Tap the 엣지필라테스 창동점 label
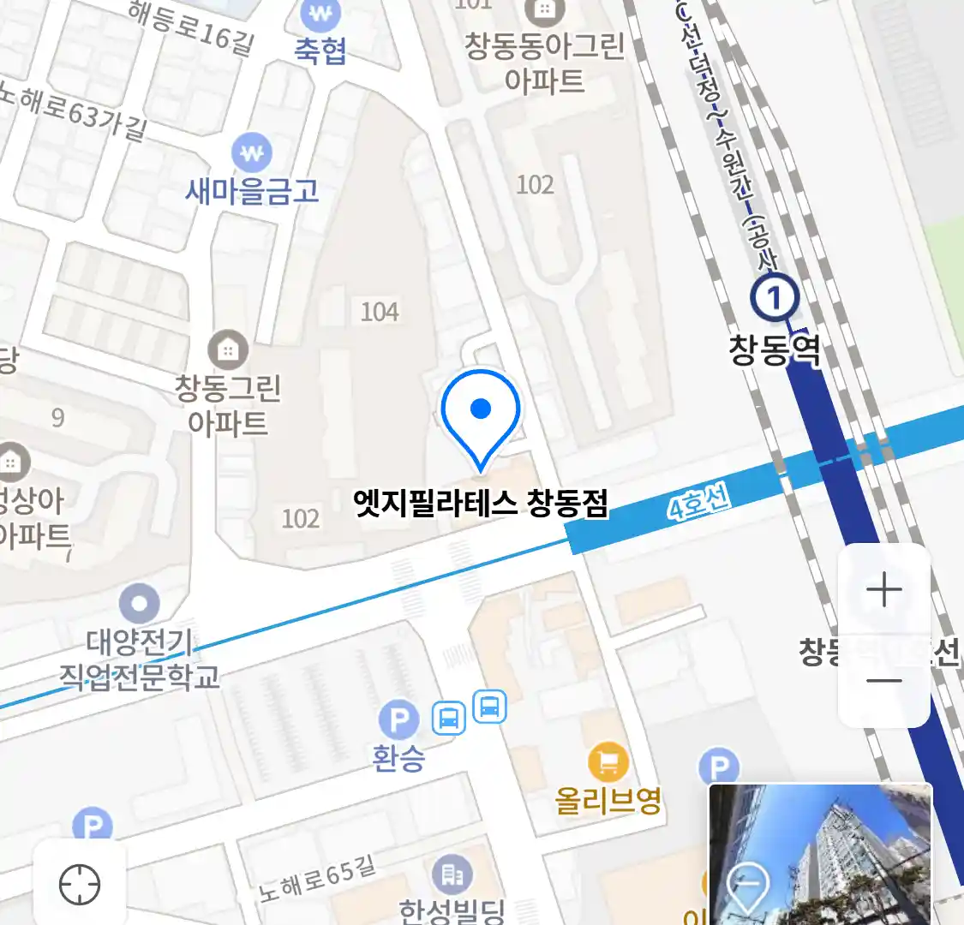[x=481, y=504]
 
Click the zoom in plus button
[x=883, y=590]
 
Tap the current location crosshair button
[x=80, y=884]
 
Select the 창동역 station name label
[x=775, y=349]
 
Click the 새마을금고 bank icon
[x=252, y=153]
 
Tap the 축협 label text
[x=320, y=51]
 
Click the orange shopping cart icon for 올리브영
[x=608, y=761]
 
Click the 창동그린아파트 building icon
[x=228, y=349]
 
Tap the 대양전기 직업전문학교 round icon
[x=140, y=603]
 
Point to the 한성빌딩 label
[x=452, y=910]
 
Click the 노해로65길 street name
[x=318, y=879]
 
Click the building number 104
[x=380, y=312]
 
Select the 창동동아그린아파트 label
[x=544, y=63]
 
